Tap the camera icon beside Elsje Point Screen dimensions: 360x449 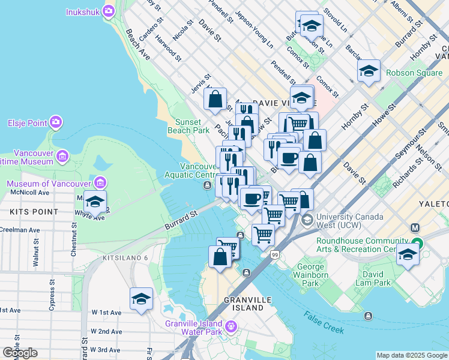click(x=56, y=123)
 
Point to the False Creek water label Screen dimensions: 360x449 click(x=324, y=322)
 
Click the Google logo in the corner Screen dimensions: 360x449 click(x=20, y=353)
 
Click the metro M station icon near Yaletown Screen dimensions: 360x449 click(x=414, y=228)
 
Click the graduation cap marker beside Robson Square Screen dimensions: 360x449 click(x=369, y=71)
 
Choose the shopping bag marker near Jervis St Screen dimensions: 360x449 click(x=215, y=98)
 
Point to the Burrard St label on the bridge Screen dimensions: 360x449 click(x=181, y=220)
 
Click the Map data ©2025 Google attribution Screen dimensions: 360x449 click(x=412, y=355)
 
